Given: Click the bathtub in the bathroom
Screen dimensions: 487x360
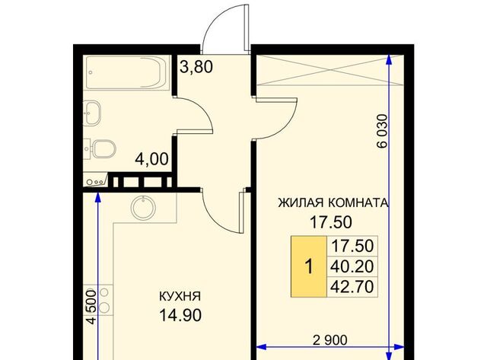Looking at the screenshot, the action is click(127, 72).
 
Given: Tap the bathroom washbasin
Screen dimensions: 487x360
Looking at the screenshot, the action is click(92, 113).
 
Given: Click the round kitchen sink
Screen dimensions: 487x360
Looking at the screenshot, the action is click(143, 208).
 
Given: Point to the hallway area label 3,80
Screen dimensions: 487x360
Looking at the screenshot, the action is click(196, 67).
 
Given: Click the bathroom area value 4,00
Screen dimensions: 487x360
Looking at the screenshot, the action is click(151, 159).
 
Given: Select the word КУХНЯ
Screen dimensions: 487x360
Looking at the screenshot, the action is click(180, 296).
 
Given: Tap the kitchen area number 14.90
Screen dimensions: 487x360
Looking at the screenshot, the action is click(180, 316).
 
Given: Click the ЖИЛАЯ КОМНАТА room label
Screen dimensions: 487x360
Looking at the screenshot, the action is click(333, 202).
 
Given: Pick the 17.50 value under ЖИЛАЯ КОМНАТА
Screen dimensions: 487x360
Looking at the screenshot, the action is click(331, 222).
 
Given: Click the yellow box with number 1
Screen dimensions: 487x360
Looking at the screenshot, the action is click(309, 266).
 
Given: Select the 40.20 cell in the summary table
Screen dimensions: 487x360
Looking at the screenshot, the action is click(352, 266).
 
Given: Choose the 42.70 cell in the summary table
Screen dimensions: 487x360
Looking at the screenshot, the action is click(352, 287).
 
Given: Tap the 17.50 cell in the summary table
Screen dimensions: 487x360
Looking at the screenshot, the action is click(352, 246).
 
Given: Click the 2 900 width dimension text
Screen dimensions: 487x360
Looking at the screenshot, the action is click(329, 340).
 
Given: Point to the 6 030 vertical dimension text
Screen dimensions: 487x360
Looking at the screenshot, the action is click(382, 131).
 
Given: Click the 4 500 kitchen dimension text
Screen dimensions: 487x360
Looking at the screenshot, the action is click(91, 307).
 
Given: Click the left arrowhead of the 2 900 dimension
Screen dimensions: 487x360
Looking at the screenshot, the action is click(262, 347).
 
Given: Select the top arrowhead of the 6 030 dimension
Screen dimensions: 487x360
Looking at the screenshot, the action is click(389, 60).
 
